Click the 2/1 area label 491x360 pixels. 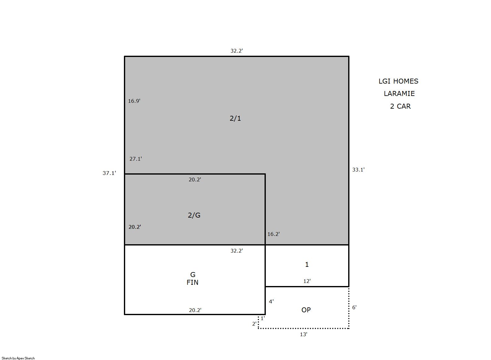coord(235,119)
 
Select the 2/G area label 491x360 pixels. coord(194,215)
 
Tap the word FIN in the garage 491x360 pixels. coord(192,283)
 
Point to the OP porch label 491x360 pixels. coord(306,310)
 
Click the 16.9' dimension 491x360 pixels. coord(134,101)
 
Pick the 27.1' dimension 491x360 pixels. coord(136,159)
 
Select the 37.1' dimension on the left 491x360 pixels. coord(109,173)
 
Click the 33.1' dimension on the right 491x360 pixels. coord(358,170)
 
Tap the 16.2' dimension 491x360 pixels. coord(274,234)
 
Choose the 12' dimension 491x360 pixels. coord(307,281)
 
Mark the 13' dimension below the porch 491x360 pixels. coord(304,334)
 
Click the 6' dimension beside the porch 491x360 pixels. coord(354,307)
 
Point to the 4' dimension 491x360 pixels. coord(271,301)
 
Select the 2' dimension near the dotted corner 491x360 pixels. coord(254,324)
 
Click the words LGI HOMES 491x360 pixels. coord(398,81)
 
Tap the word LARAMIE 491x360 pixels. coord(399,94)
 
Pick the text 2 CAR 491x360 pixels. coord(400,106)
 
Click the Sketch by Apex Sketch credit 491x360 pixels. coord(18,358)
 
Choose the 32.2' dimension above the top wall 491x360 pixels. coord(237,51)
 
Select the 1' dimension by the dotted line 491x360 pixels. coord(263,318)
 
